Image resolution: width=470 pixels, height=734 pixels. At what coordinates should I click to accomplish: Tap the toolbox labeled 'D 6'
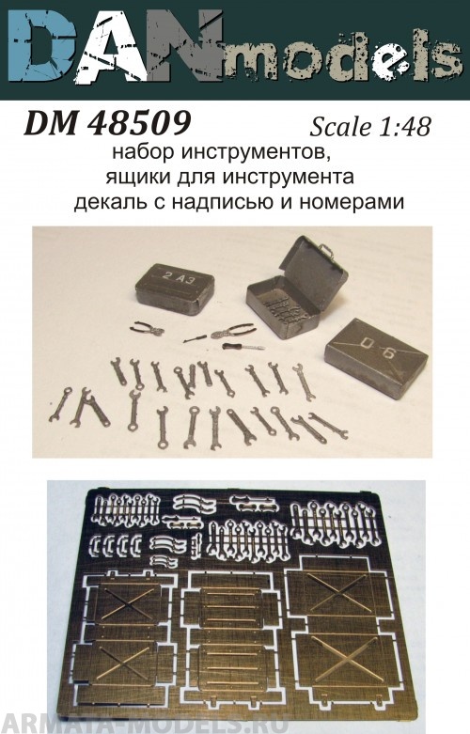click(375, 355)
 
